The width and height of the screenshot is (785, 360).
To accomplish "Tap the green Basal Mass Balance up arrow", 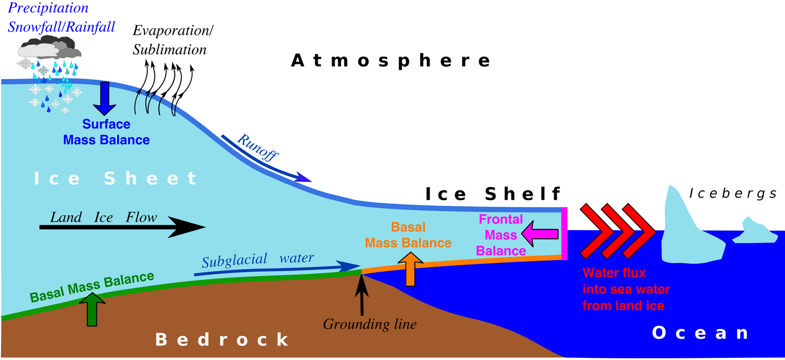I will coord(94,309).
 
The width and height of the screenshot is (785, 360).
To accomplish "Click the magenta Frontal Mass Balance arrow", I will coord(540,235).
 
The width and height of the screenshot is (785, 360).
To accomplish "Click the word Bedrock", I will coord(222,339).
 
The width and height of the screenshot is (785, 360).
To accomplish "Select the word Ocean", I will coord(701,333).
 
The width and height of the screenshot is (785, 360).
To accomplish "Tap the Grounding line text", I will coord(370,325).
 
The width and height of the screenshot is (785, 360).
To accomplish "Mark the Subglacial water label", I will coord(257,259).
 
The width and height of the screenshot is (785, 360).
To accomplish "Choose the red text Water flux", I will coord(614,273).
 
